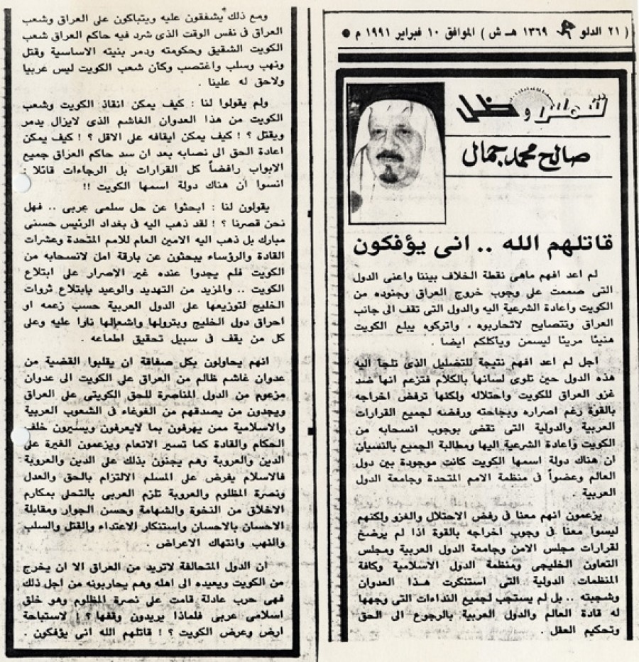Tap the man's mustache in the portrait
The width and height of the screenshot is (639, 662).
click(388, 155)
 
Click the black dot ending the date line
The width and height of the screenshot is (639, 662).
click(345, 33)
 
